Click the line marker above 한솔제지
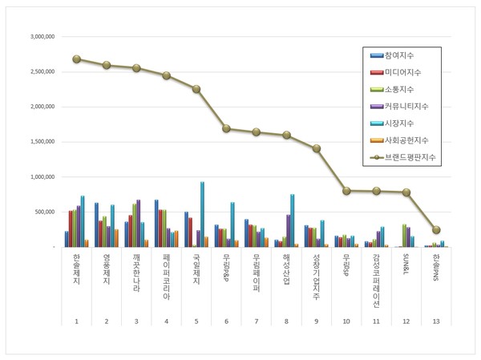tap(76, 59)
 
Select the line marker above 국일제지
tap(196, 89)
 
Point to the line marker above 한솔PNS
tap(436, 230)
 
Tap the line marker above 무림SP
tap(346, 191)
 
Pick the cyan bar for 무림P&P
tap(232, 224)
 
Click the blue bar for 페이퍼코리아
tap(156, 223)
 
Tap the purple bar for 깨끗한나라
tap(139, 223)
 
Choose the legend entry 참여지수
tap(398, 55)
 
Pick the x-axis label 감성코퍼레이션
tap(376, 281)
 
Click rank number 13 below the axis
tap(436, 322)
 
